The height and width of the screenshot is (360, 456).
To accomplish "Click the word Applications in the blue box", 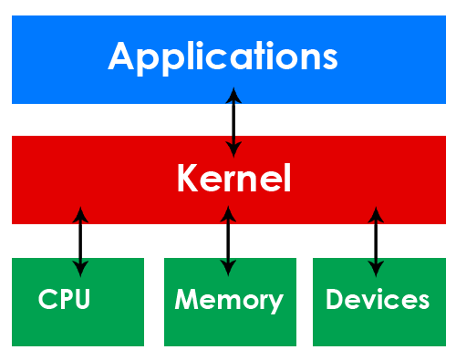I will [223, 57].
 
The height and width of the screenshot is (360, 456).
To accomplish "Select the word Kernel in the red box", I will [233, 179].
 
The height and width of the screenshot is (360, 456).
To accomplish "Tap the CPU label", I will [65, 300].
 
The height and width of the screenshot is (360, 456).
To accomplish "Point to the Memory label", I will [229, 300].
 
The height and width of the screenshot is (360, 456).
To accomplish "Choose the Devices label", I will [377, 300].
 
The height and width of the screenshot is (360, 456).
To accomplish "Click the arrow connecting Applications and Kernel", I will [234, 121].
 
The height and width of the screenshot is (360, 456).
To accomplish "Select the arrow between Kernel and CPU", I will [80, 241].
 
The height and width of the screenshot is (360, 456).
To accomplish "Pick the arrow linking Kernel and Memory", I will [228, 241].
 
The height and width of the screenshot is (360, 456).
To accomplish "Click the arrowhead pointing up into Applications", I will [234, 95].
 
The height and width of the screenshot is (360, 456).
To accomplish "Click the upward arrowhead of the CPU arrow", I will [80, 214].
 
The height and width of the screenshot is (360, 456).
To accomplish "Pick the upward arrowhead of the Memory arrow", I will [228, 214].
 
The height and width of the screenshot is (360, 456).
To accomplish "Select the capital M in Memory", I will [185, 300].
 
